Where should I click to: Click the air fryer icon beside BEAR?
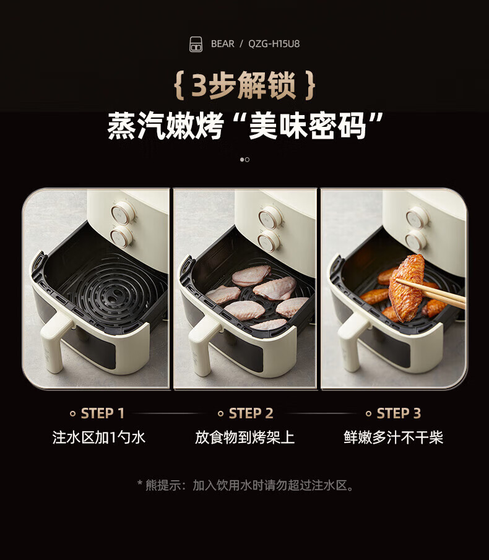(196, 44)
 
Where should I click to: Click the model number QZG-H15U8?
(274, 44)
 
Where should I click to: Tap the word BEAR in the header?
(223, 44)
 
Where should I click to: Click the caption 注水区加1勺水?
(99, 438)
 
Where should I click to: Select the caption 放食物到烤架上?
(245, 438)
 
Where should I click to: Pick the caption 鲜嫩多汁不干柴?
(394, 438)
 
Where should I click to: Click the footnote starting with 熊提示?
(245, 485)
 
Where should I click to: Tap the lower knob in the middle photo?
(269, 240)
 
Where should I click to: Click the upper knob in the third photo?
(417, 217)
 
